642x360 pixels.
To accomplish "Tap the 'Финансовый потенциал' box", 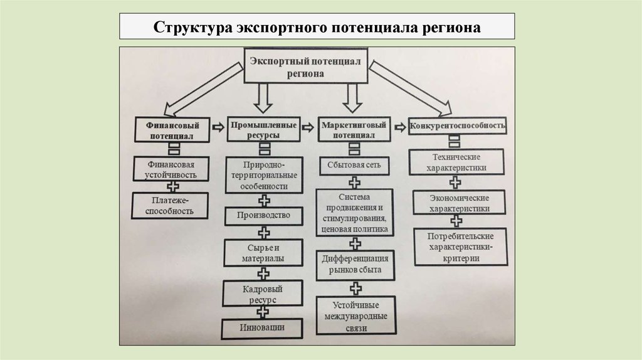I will (171, 129).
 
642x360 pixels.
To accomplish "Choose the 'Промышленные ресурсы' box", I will (263, 129).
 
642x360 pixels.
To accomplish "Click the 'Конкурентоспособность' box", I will (458, 125).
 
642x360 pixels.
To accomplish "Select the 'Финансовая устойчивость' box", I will (171, 169).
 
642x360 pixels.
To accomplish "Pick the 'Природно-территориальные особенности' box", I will (263, 176).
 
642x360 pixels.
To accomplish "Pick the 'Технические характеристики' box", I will (456, 162).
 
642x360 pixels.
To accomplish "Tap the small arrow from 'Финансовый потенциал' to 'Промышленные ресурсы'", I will (217, 127).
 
